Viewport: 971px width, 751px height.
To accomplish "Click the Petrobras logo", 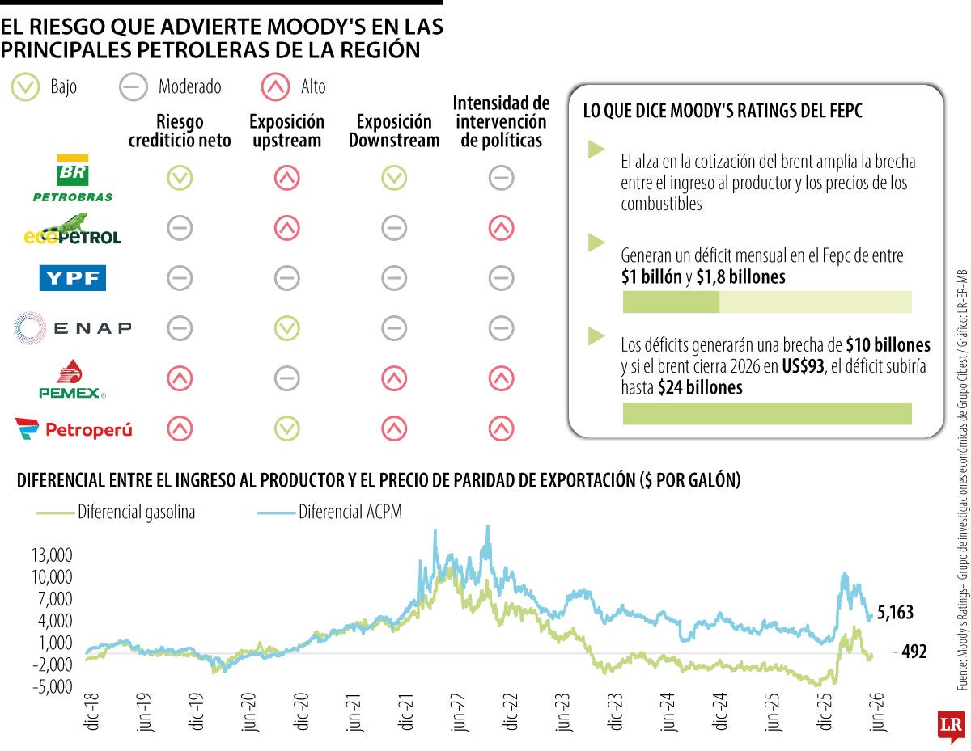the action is click(73, 178).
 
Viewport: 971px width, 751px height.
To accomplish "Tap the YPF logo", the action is click(72, 277).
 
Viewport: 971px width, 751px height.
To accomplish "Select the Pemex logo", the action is click(72, 379).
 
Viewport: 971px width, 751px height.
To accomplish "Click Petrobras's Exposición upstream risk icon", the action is click(287, 178).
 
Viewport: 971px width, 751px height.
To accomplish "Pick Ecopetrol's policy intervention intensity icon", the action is click(501, 228).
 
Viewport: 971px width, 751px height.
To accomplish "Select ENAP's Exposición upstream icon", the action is click(287, 328).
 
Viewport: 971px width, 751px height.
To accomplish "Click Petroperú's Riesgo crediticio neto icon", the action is click(180, 428).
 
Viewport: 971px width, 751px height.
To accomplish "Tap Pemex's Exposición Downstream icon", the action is click(394, 378).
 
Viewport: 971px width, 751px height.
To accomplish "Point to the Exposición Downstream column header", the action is click(394, 131).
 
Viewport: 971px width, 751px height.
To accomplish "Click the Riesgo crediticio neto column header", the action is click(180, 131).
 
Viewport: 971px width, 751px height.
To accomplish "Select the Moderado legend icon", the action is click(134, 86).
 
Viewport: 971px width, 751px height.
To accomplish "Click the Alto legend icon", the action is click(276, 86).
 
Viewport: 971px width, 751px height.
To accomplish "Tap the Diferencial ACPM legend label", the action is click(350, 512).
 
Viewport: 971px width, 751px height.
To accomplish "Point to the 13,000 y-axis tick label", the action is click(52, 555).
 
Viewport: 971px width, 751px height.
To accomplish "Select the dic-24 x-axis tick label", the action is click(720, 712).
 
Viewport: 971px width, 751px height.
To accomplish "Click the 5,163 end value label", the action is click(895, 612).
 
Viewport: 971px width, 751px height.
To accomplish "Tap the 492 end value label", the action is click(914, 652).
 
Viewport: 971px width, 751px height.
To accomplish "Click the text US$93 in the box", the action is click(803, 366).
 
